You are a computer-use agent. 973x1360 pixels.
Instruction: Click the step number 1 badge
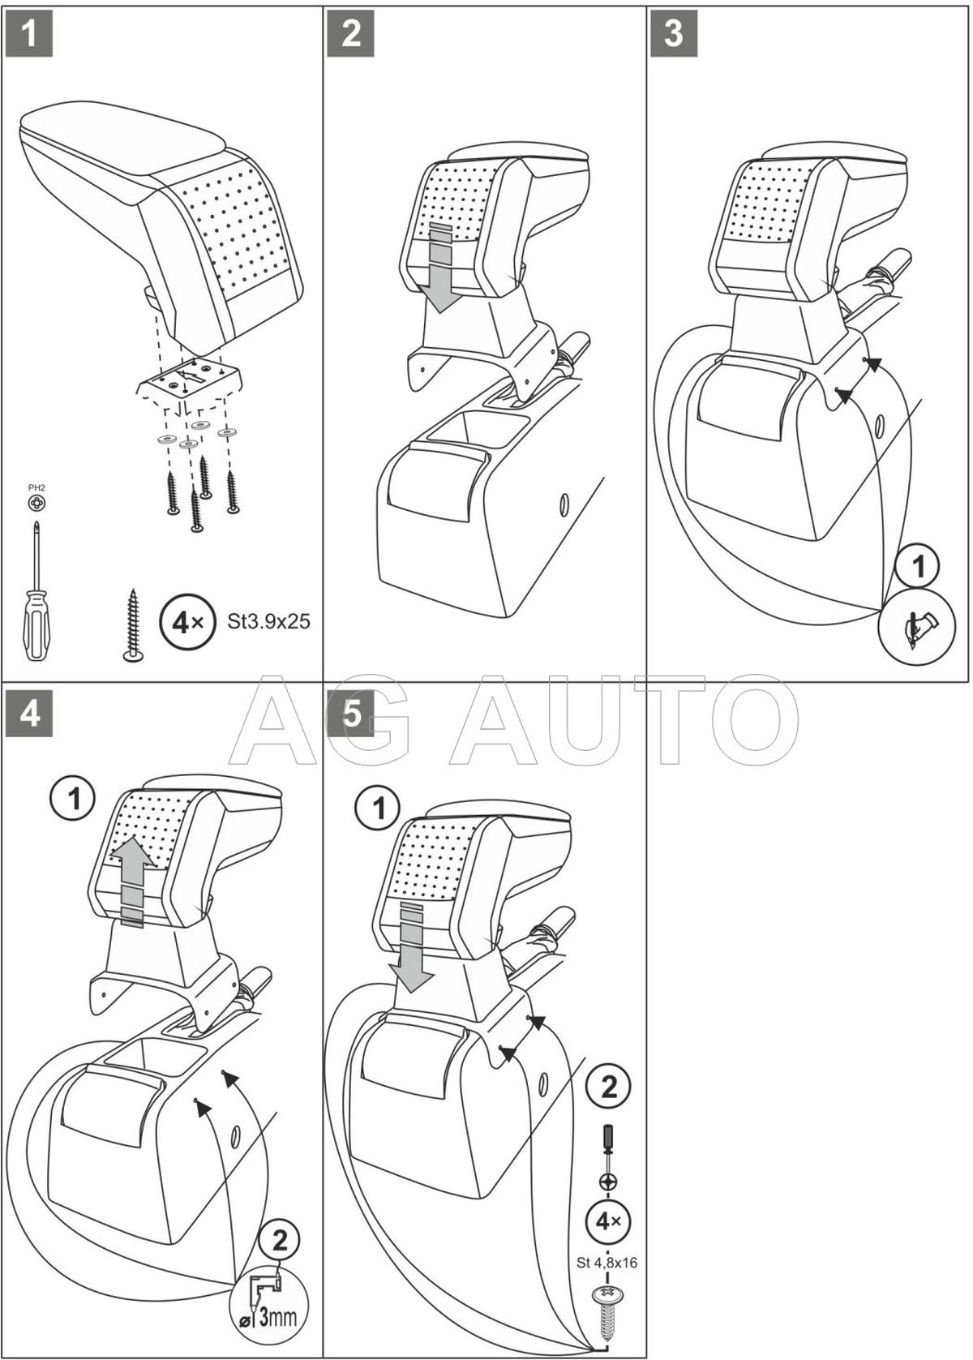(x=29, y=34)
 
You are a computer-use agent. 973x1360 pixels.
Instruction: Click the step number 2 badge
(x=351, y=34)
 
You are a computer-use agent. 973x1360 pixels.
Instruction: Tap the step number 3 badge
(x=674, y=34)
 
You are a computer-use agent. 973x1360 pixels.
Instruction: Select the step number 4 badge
(x=29, y=714)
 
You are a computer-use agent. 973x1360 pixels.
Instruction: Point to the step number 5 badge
(x=351, y=714)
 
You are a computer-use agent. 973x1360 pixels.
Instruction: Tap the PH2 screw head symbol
(x=36, y=504)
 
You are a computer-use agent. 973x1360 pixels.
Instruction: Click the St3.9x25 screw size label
(x=268, y=622)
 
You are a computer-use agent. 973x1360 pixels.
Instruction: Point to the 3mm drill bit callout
(x=272, y=1312)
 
